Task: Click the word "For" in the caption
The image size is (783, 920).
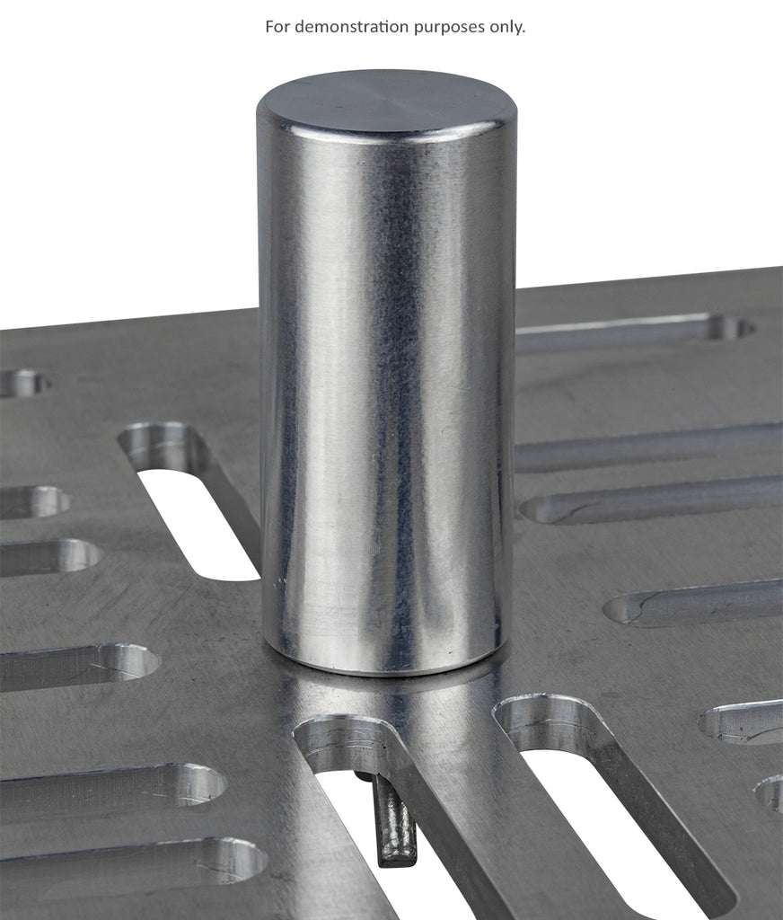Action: click(x=278, y=27)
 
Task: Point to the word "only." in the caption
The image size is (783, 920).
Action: click(x=506, y=27)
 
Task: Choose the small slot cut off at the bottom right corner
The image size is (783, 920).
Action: click(x=770, y=792)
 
